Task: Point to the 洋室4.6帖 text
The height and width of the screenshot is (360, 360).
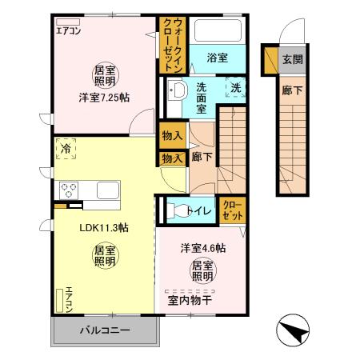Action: point(202,248)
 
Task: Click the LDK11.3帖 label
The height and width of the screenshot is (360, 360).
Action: point(103,227)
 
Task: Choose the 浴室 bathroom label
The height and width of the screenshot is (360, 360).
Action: point(218,58)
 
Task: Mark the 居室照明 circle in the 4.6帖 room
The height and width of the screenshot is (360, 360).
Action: point(202,270)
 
